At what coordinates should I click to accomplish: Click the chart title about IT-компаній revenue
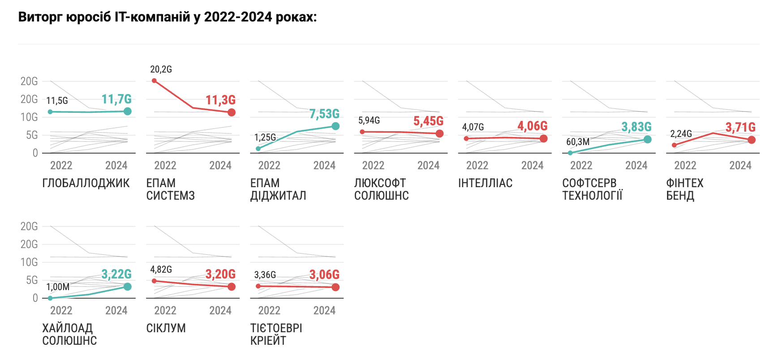pyautogui.click(x=168, y=17)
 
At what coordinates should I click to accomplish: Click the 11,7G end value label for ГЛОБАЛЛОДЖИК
pyautogui.click(x=116, y=99)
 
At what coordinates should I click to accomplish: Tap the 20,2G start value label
pyautogui.click(x=161, y=69)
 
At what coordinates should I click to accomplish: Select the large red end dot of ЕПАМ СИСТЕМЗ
pyautogui.click(x=232, y=112)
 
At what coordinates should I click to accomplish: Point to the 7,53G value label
pyautogui.click(x=324, y=114)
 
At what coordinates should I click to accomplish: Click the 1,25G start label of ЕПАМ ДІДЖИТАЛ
pyautogui.click(x=265, y=137)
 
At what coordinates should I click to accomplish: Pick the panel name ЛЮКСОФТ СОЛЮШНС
pyautogui.click(x=381, y=189)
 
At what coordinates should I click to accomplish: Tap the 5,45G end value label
pyautogui.click(x=428, y=121)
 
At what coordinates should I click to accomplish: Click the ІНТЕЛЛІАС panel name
pyautogui.click(x=485, y=183)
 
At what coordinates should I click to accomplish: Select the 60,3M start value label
pyautogui.click(x=578, y=142)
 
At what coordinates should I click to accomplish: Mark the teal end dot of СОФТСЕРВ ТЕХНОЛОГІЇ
pyautogui.click(x=647, y=140)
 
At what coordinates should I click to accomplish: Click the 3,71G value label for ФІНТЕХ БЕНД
pyautogui.click(x=740, y=128)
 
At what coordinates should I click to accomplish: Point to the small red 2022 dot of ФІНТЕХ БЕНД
pyautogui.click(x=674, y=145)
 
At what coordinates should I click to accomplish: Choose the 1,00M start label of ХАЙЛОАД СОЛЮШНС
pyautogui.click(x=58, y=287)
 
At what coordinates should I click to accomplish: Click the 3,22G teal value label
pyautogui.click(x=116, y=274)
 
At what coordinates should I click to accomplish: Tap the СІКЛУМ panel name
pyautogui.click(x=166, y=328)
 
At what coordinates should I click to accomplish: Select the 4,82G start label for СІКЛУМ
pyautogui.click(x=161, y=270)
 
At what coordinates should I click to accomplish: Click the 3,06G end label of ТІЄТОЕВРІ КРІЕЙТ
pyautogui.click(x=324, y=274)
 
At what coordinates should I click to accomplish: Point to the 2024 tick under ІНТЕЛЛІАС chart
pyautogui.click(x=532, y=166)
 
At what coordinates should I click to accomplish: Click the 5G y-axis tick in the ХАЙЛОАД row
pyautogui.click(x=32, y=280)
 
